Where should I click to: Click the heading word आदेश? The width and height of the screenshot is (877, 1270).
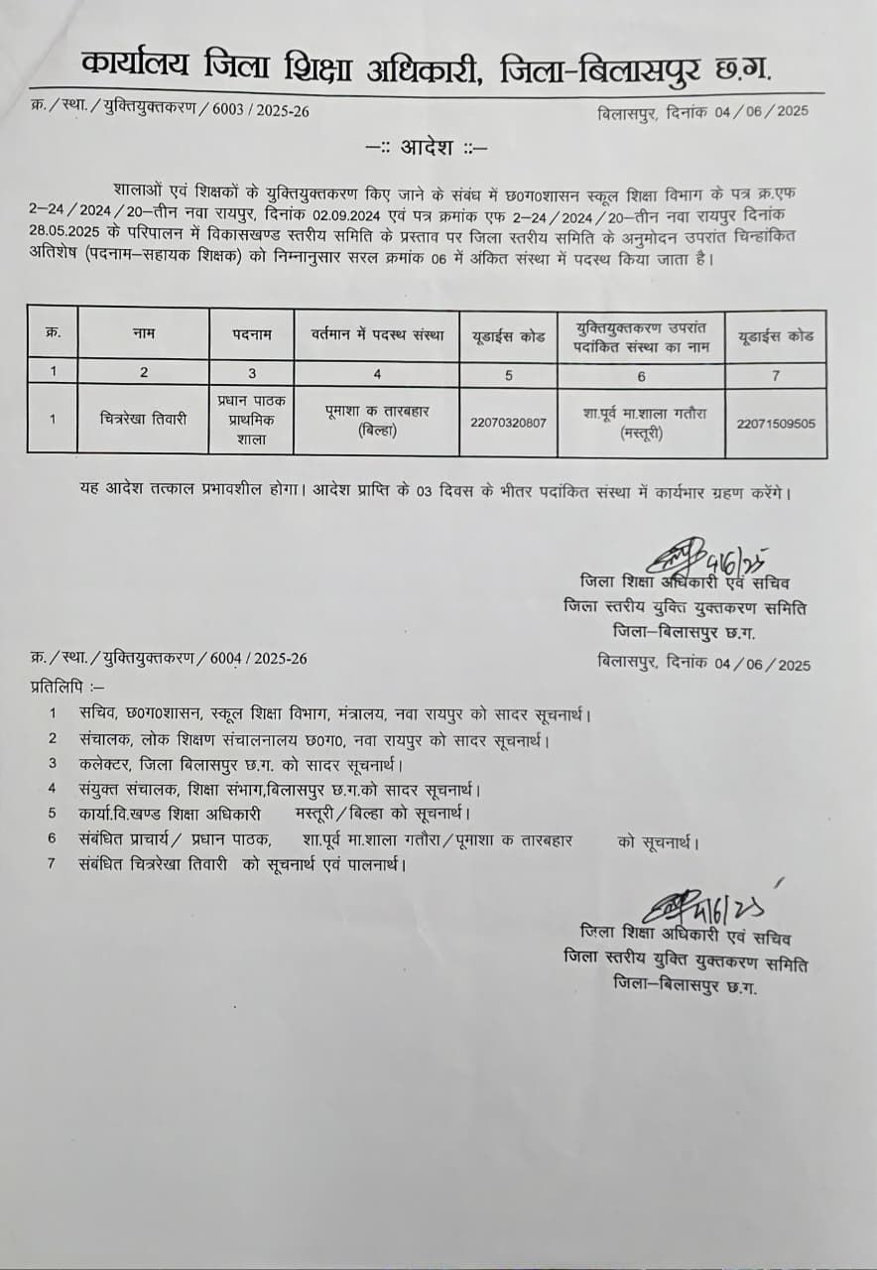[428, 149]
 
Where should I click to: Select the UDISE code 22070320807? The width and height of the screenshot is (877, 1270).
[507, 422]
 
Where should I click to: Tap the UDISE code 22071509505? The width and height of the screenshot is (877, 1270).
[776, 423]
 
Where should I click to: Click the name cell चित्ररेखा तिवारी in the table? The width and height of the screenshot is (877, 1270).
[143, 419]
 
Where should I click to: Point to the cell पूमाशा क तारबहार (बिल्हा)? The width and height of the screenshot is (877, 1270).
[376, 422]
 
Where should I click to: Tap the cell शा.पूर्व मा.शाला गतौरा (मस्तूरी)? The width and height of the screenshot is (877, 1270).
[640, 422]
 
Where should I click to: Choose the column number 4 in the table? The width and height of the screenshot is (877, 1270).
[376, 374]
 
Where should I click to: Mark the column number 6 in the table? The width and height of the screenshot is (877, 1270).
[640, 375]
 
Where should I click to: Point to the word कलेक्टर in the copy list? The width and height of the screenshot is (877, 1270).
[108, 764]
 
